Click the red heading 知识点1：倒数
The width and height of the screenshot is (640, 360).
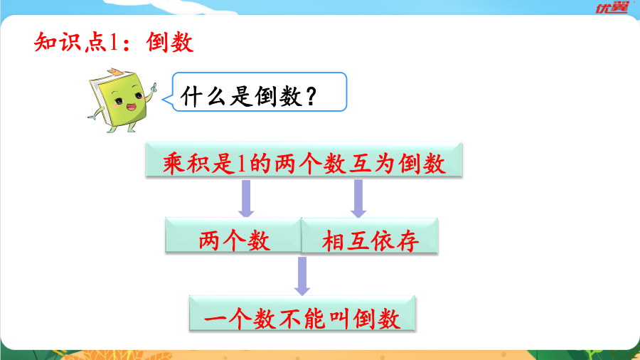[114, 42]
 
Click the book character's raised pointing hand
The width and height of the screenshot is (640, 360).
[154, 88]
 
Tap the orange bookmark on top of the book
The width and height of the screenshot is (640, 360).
[114, 73]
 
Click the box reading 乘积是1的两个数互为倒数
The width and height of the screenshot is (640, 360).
[304, 159]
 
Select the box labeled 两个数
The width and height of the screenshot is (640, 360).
[233, 235]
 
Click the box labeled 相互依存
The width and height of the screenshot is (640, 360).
[370, 235]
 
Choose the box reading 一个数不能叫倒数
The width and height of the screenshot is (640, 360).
[302, 313]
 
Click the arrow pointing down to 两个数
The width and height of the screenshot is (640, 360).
[246, 198]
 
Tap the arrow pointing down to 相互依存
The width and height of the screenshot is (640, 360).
[358, 198]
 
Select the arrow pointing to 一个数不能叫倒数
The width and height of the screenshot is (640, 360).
[302, 276]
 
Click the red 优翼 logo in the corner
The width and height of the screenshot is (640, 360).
[613, 7]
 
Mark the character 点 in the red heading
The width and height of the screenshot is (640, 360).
[96, 42]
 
